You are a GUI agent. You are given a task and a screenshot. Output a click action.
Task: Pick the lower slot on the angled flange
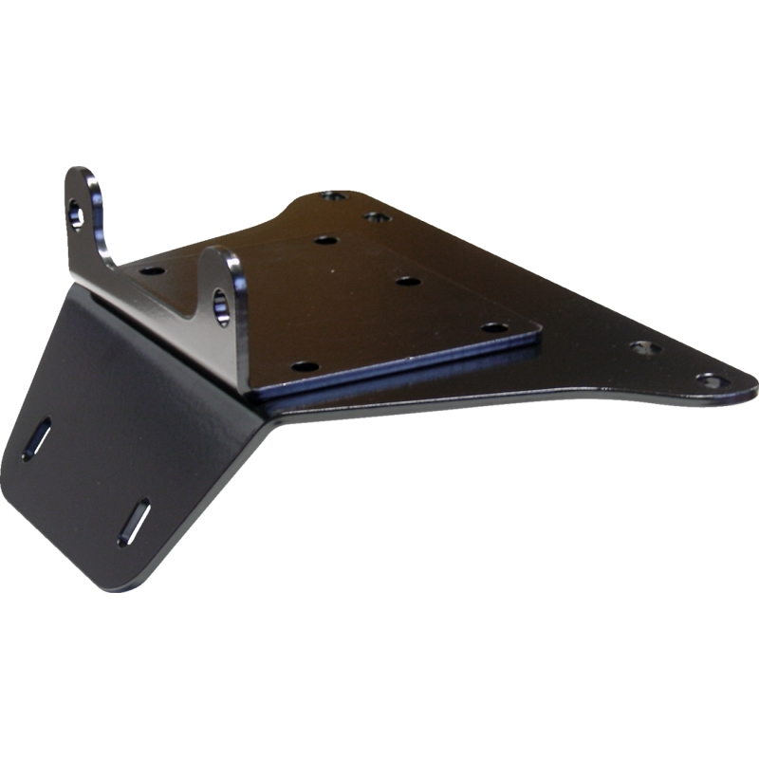(x=133, y=521)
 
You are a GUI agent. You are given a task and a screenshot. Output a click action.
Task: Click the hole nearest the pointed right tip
(x=708, y=379)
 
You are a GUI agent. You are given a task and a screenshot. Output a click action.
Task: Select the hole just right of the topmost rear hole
(x=376, y=217)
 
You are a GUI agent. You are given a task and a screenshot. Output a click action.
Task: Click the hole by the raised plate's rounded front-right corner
(x=491, y=326)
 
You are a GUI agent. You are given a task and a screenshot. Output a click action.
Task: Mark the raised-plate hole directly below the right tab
(x=302, y=365)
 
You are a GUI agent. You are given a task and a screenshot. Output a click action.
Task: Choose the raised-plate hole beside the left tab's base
(x=148, y=270)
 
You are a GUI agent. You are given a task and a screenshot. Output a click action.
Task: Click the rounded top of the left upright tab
(x=83, y=172)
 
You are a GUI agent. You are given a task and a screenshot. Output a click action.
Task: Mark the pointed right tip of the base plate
(x=754, y=385)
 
